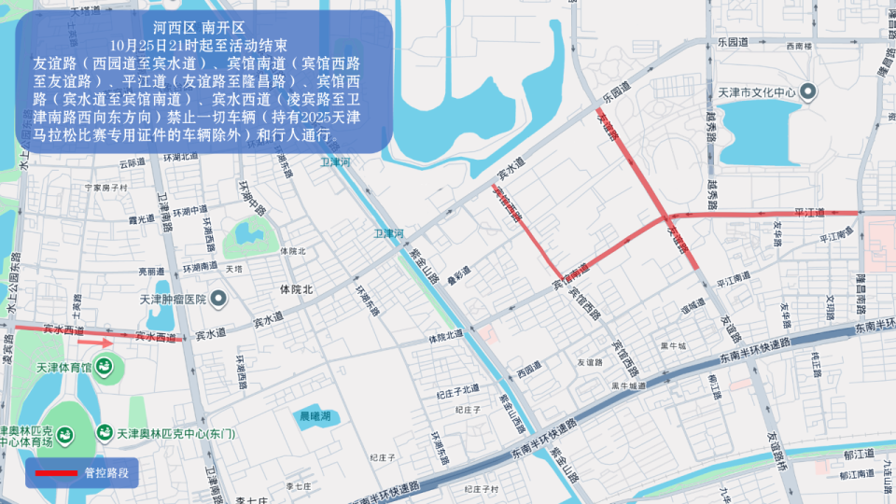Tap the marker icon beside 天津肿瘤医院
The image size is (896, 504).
point(218,300)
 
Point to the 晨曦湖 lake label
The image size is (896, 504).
point(315,416)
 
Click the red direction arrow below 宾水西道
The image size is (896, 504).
point(94,343)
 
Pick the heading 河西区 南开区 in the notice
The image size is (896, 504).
point(198,27)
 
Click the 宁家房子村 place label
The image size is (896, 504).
point(105,188)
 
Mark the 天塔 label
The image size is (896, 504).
point(233,269)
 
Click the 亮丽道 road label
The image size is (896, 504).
point(150,271)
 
